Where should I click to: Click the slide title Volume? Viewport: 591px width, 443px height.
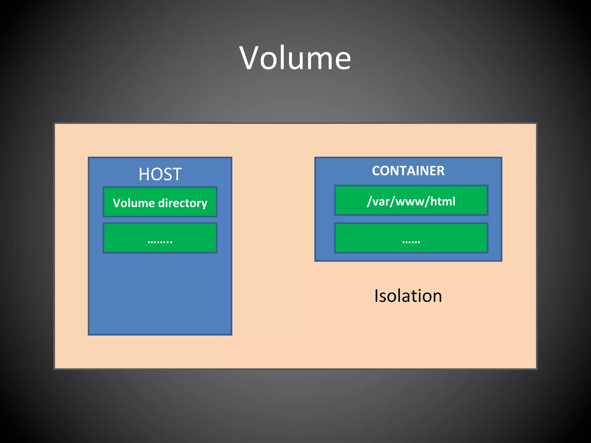tap(295, 58)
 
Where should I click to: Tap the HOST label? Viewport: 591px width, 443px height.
tap(160, 174)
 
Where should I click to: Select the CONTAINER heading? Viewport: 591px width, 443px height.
tap(408, 171)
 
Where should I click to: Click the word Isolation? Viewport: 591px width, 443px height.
tap(408, 296)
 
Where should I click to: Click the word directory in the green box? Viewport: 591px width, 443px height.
tap(183, 203)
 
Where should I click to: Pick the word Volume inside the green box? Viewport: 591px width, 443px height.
tap(134, 203)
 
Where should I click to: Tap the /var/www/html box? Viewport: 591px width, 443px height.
tap(411, 201)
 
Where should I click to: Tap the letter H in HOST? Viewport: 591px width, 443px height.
tap(144, 174)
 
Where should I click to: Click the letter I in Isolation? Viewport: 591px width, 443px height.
tap(376, 296)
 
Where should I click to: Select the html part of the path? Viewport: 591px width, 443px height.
tap(443, 201)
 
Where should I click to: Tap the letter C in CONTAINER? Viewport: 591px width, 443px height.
tap(377, 171)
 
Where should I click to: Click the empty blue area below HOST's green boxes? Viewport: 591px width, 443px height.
tap(160, 294)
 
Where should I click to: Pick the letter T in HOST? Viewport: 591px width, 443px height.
tap(177, 174)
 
